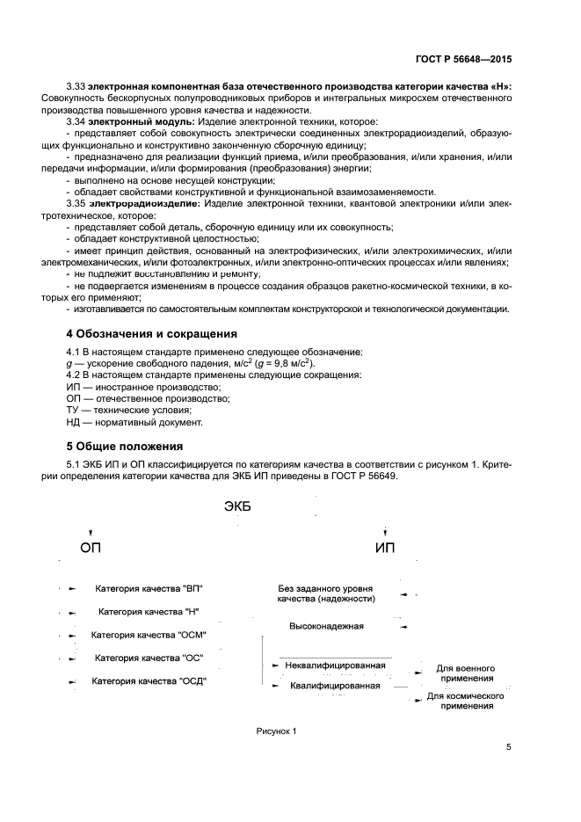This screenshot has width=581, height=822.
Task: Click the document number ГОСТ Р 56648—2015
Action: point(463,60)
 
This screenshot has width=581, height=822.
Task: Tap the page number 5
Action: point(509,748)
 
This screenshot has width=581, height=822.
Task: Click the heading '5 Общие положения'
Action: point(124,446)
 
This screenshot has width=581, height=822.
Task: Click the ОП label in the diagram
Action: point(91,549)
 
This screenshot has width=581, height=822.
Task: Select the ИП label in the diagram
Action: point(385,548)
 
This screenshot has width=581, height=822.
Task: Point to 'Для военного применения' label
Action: point(465,673)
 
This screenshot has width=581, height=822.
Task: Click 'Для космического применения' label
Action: point(465,701)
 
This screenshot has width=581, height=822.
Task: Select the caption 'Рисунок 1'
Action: point(277,731)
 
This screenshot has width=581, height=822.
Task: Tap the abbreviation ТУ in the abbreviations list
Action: point(73,410)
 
